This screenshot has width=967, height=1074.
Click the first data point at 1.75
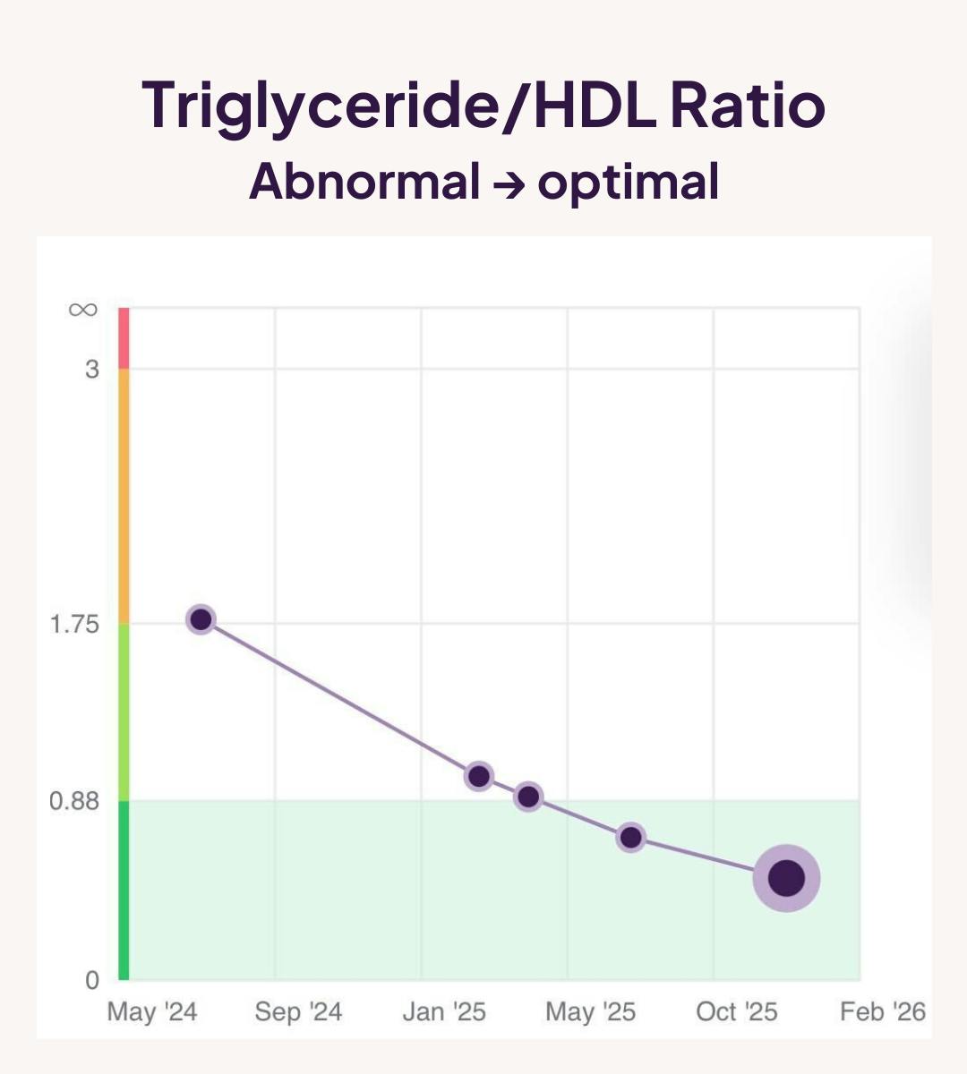201,619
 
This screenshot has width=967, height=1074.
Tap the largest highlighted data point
786,878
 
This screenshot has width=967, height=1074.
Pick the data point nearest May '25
630,838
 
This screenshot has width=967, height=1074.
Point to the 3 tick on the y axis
92,369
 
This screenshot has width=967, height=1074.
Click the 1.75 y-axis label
75,624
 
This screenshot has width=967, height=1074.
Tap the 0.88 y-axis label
75,801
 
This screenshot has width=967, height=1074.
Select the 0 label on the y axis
92,980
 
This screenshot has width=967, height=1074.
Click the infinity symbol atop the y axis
82,310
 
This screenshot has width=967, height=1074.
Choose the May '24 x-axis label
151,1012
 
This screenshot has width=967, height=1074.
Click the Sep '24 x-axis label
298,1012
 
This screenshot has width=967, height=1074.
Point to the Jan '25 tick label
444,1012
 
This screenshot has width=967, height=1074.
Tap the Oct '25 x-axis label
737,1012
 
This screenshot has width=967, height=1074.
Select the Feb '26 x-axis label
883,1012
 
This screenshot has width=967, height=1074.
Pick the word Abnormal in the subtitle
364,182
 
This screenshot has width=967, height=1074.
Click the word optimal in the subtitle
629,182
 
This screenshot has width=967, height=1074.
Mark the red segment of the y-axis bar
124,338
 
